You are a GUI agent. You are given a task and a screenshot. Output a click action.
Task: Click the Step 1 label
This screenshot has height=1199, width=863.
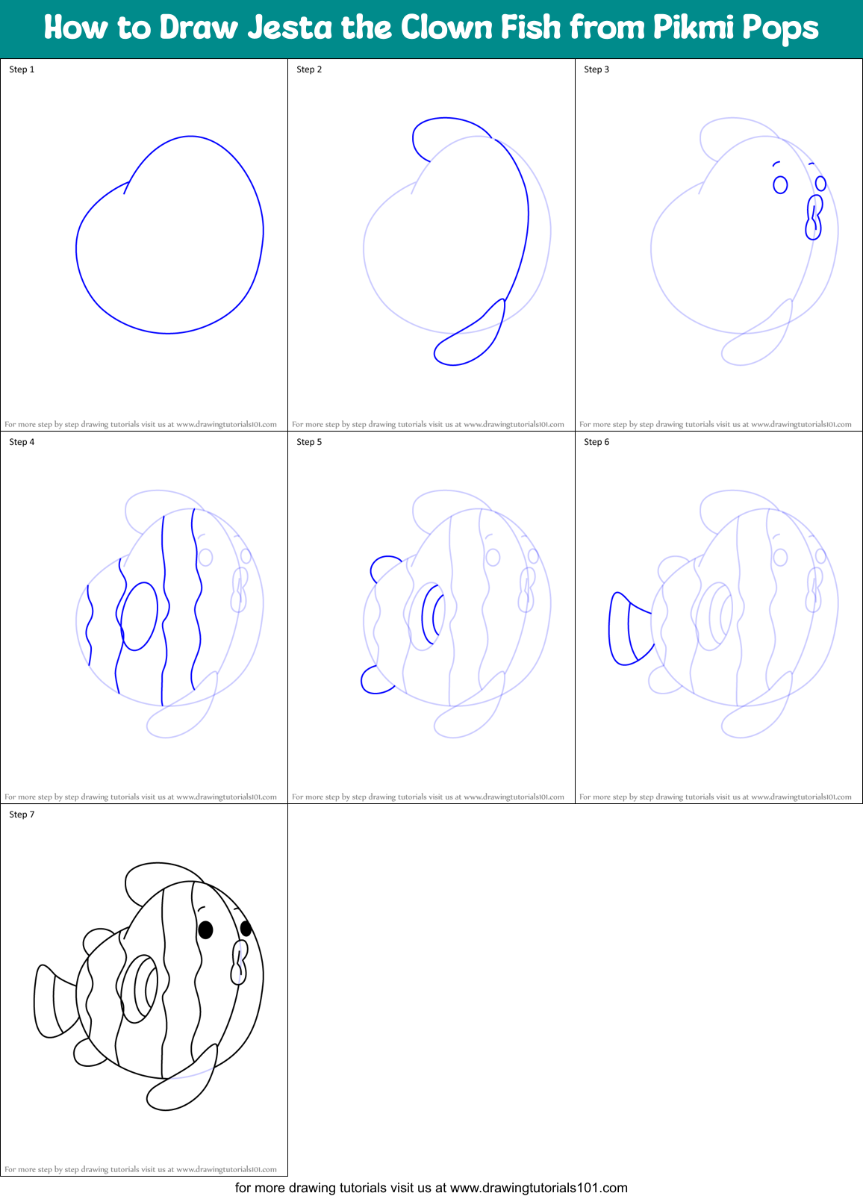[x=22, y=69]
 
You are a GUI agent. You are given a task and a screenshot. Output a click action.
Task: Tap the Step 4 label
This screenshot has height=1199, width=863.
[x=22, y=442]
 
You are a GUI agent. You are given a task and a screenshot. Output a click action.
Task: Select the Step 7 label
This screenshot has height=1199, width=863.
[x=22, y=815]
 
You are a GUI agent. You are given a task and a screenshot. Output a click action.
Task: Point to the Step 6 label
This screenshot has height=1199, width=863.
[x=596, y=442]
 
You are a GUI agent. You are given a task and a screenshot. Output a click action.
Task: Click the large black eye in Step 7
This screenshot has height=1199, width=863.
[x=205, y=929]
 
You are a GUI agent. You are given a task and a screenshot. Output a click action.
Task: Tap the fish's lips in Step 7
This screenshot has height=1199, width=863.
[x=239, y=963]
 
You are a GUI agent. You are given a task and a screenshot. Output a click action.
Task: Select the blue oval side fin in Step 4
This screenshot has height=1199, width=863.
[x=140, y=616]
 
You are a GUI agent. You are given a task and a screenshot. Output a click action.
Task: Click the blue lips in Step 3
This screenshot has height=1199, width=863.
[x=813, y=217]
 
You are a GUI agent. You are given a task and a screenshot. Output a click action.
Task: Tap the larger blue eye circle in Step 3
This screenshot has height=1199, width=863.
[x=780, y=184]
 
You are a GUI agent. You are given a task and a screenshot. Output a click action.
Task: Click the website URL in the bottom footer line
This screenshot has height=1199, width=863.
[x=538, y=1188]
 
